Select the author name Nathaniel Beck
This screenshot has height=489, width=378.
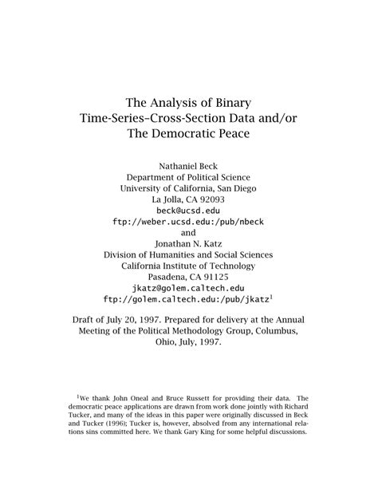click(188, 165)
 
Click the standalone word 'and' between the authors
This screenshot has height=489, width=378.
click(188, 232)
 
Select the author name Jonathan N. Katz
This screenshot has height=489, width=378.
click(188, 243)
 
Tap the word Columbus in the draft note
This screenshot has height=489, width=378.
click(278, 331)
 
